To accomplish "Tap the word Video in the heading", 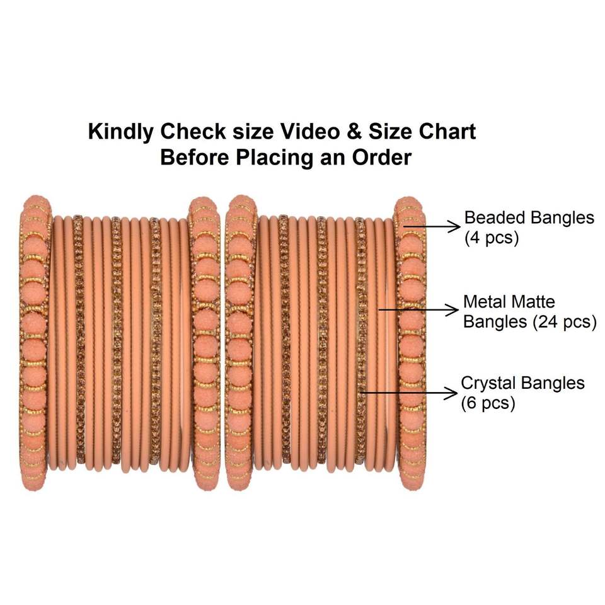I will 304,132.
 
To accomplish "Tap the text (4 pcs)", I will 490,239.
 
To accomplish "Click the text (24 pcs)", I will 564,322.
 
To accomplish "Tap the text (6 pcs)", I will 488,403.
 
